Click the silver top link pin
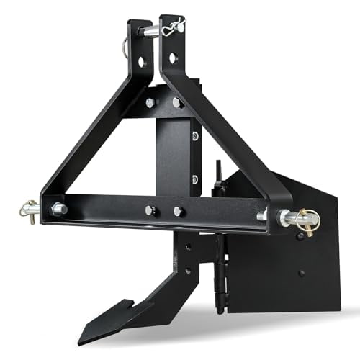point(152,30)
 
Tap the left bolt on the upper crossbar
point(150,103)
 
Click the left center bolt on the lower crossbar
point(150,210)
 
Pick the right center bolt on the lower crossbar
point(178,212)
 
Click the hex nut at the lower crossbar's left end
point(57,210)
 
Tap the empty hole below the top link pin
point(174,56)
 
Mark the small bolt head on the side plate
point(301,274)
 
